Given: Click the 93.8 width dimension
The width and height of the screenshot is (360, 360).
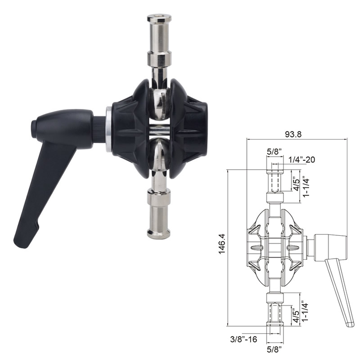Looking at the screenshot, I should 296,134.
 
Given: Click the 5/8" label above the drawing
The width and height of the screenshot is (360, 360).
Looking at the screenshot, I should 274,153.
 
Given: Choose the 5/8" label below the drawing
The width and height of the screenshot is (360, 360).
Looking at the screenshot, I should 274,349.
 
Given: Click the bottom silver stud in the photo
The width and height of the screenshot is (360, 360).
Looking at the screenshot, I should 159,211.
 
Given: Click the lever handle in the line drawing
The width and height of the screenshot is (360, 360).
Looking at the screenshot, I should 340,288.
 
